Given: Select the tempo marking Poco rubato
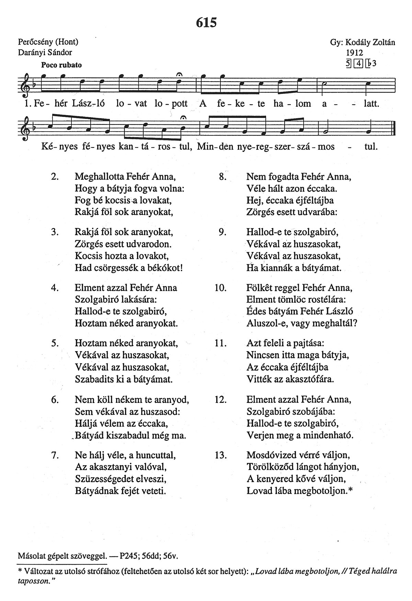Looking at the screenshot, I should click(x=61, y=65).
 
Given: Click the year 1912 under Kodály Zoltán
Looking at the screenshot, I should click(x=355, y=53).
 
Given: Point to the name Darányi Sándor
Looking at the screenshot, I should click(x=45, y=52).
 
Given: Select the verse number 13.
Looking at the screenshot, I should click(x=221, y=455).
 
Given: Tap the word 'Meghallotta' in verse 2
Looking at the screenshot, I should click(x=99, y=177).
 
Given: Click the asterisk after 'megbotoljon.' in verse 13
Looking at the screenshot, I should click(x=350, y=491).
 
